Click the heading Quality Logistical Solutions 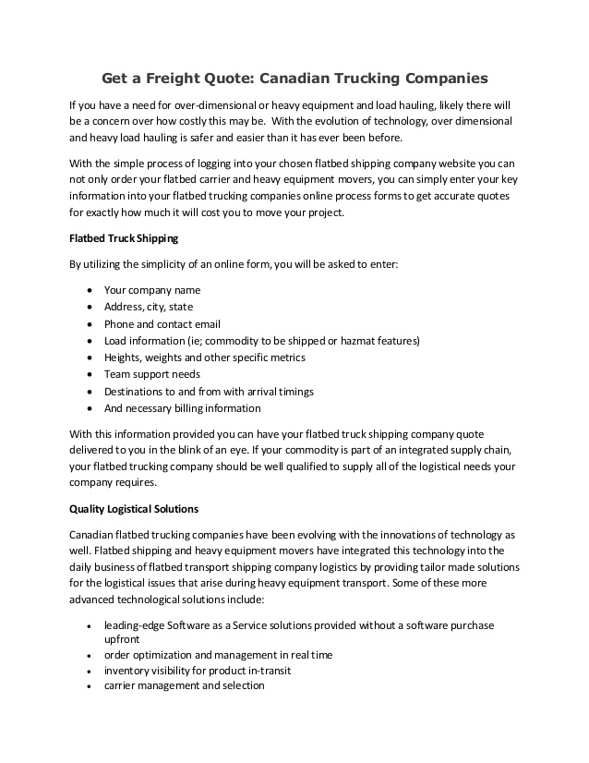click(134, 509)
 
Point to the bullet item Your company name click(151, 290)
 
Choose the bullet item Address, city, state click(148, 307)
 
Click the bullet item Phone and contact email click(162, 324)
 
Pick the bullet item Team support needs click(151, 374)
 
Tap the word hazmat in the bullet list click(363, 341)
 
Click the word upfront click(122, 639)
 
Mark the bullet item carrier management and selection click(184, 685)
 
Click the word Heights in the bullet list click(123, 357)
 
